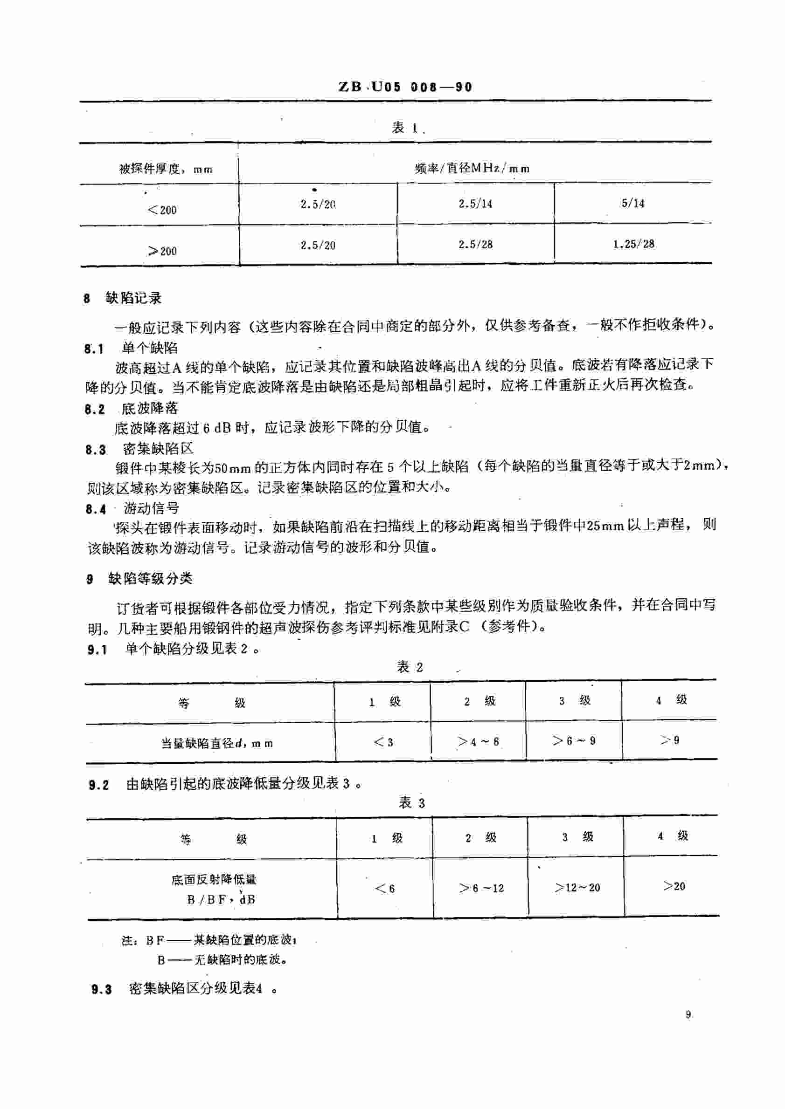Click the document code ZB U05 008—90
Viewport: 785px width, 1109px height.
tap(405, 87)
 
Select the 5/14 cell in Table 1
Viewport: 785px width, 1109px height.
tap(633, 203)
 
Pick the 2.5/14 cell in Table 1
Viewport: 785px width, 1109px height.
tap(475, 204)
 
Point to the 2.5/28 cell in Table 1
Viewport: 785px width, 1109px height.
tap(475, 245)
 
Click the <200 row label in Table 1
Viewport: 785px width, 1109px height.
tap(162, 210)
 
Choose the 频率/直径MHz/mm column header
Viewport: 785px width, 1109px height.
tap(472, 169)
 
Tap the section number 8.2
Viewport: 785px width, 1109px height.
tap(94, 410)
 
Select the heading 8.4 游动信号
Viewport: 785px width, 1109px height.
tap(132, 509)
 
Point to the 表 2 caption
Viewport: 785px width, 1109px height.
tap(410, 667)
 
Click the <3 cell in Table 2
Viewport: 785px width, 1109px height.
tap(383, 741)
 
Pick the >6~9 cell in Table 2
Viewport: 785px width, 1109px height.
tap(574, 740)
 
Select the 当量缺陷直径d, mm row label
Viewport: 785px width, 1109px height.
tap(216, 743)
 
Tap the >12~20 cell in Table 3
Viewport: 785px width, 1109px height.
tap(577, 887)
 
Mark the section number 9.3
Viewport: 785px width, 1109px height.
tap(102, 989)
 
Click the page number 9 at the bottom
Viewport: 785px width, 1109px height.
tap(688, 1015)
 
